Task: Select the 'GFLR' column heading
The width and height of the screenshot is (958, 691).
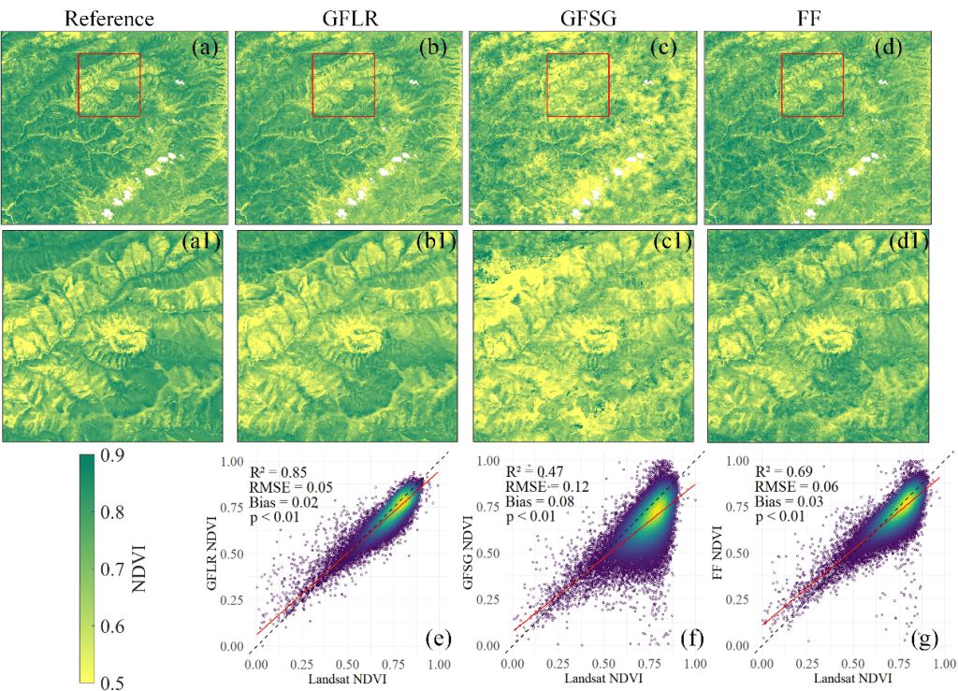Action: coord(344,18)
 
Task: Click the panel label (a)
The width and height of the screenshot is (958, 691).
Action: coord(204,48)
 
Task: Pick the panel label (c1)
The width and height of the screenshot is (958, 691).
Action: coord(671,245)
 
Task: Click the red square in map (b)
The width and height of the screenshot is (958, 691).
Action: coord(343,85)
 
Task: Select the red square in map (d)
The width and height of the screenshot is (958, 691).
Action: coord(812,85)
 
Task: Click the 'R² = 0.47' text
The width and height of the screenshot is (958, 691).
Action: coord(538,471)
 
